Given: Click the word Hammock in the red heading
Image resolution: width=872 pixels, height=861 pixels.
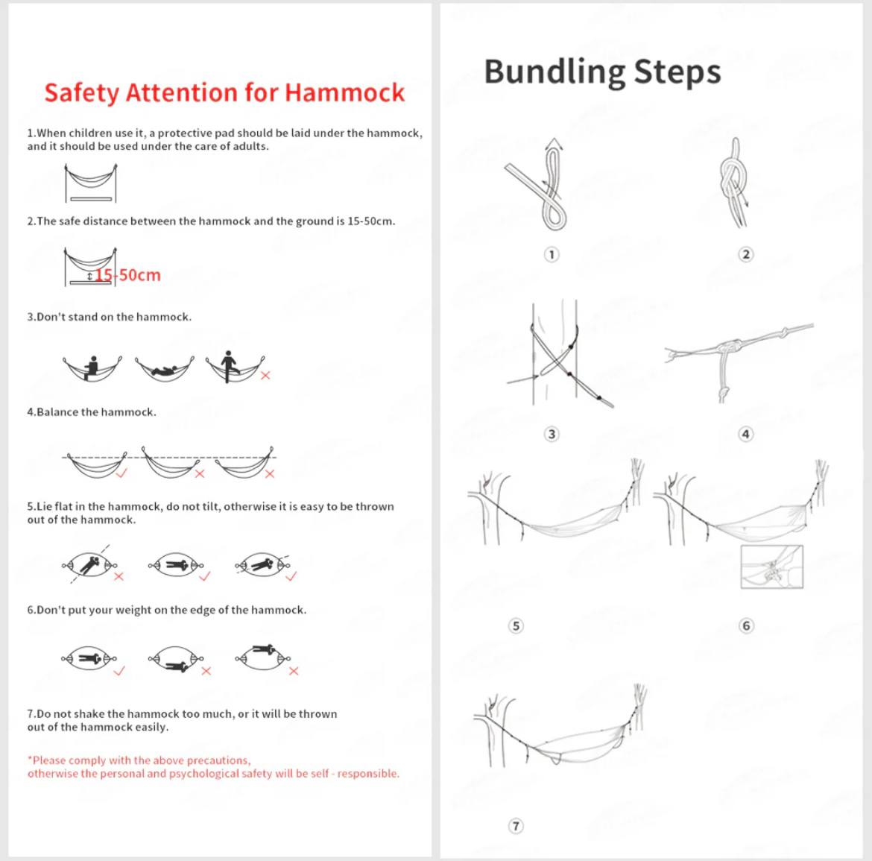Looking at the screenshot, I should click(x=344, y=92).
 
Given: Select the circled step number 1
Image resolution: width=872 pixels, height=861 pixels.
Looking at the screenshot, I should click(x=552, y=255).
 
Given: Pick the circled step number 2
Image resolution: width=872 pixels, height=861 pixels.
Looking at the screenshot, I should click(x=745, y=255).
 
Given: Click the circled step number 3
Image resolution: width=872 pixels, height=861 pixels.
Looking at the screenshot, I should click(x=552, y=434).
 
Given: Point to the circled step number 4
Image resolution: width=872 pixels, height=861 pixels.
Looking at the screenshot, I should click(x=745, y=434).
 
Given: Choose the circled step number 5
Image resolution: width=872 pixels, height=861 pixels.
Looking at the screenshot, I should click(x=516, y=625).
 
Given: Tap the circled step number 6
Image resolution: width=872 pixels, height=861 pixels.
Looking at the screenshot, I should click(x=746, y=625).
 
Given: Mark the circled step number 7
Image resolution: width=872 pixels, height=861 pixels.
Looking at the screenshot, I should click(x=516, y=826).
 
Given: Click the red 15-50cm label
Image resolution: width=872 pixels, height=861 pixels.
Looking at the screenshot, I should click(x=128, y=275).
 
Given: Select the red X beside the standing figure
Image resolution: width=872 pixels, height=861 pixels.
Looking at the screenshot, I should click(x=265, y=375).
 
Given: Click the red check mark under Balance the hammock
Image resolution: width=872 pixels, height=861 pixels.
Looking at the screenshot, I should click(x=121, y=473).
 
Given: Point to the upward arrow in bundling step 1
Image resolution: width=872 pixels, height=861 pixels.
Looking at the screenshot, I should click(x=553, y=145).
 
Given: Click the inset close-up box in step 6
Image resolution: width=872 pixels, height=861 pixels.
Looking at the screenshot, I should click(x=771, y=567).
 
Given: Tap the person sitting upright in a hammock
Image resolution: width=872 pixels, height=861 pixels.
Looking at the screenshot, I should click(x=93, y=367).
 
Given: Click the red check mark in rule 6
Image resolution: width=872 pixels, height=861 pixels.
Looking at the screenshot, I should click(x=119, y=671).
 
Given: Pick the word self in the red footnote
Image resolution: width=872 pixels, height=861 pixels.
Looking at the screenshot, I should click(x=319, y=774).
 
